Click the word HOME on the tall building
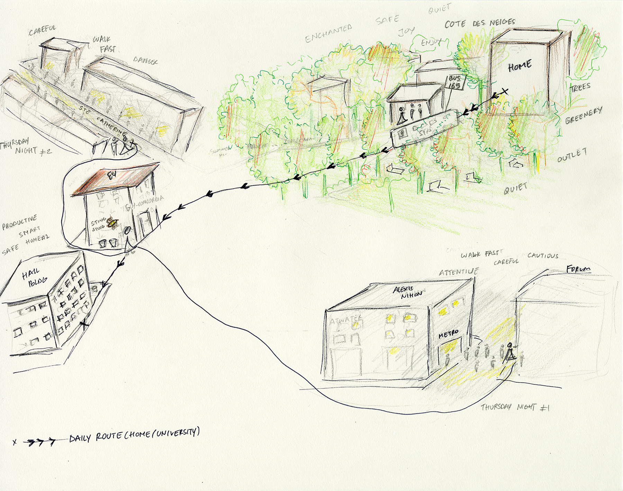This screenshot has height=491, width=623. coord(520,66)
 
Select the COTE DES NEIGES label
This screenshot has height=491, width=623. coord(480,24)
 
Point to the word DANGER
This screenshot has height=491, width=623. coord(145,61)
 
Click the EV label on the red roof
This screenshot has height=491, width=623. coord(111,176)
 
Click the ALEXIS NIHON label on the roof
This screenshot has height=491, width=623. coord(408,292)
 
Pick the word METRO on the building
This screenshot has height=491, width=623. coord(449,334)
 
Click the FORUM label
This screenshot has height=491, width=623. coord(578,269)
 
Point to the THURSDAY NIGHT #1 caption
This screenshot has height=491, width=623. coord(515,407)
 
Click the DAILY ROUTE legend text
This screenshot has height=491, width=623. coord(134,435)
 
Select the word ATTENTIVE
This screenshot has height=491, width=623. coord(459,272)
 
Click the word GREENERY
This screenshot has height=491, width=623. coord(584,115)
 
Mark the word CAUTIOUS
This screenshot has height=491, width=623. coord(543,256)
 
